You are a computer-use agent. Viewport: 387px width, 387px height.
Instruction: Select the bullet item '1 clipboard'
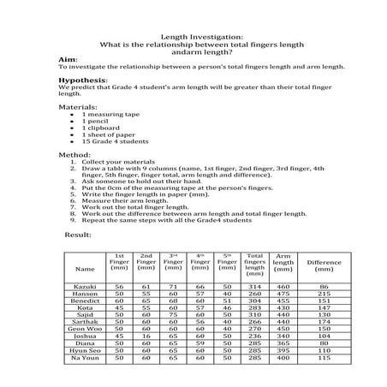[x=101, y=127]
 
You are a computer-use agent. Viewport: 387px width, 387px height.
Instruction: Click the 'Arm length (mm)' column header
[x=283, y=261]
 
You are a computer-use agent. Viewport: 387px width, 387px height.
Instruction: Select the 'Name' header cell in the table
[x=86, y=268]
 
